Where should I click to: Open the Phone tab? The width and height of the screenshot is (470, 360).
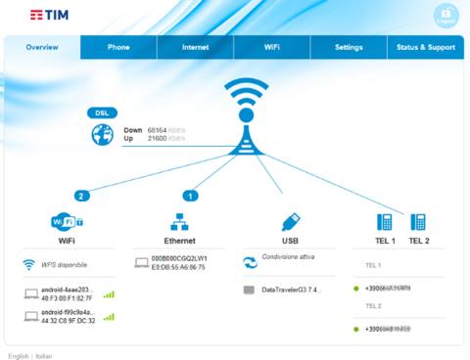click(118, 47)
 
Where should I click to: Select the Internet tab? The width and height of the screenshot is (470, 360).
click(195, 47)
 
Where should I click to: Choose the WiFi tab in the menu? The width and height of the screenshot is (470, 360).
click(271, 47)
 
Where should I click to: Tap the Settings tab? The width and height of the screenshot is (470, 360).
click(349, 47)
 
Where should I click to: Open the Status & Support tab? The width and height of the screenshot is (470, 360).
click(425, 47)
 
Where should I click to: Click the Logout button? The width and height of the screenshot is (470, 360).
click(446, 17)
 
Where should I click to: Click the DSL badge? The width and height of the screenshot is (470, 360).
click(102, 112)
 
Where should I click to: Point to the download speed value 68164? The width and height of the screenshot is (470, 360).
click(158, 129)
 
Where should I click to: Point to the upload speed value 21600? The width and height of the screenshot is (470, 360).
click(158, 138)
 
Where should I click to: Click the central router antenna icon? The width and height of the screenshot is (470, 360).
click(239, 115)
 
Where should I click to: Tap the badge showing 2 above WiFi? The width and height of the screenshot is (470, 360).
click(81, 196)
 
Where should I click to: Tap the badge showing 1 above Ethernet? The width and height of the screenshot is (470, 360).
click(189, 196)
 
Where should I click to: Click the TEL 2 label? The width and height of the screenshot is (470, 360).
click(419, 241)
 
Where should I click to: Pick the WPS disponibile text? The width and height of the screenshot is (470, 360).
click(66, 265)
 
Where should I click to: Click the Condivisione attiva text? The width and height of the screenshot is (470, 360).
click(287, 258)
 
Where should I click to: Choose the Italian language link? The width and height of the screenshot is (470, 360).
click(44, 355)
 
